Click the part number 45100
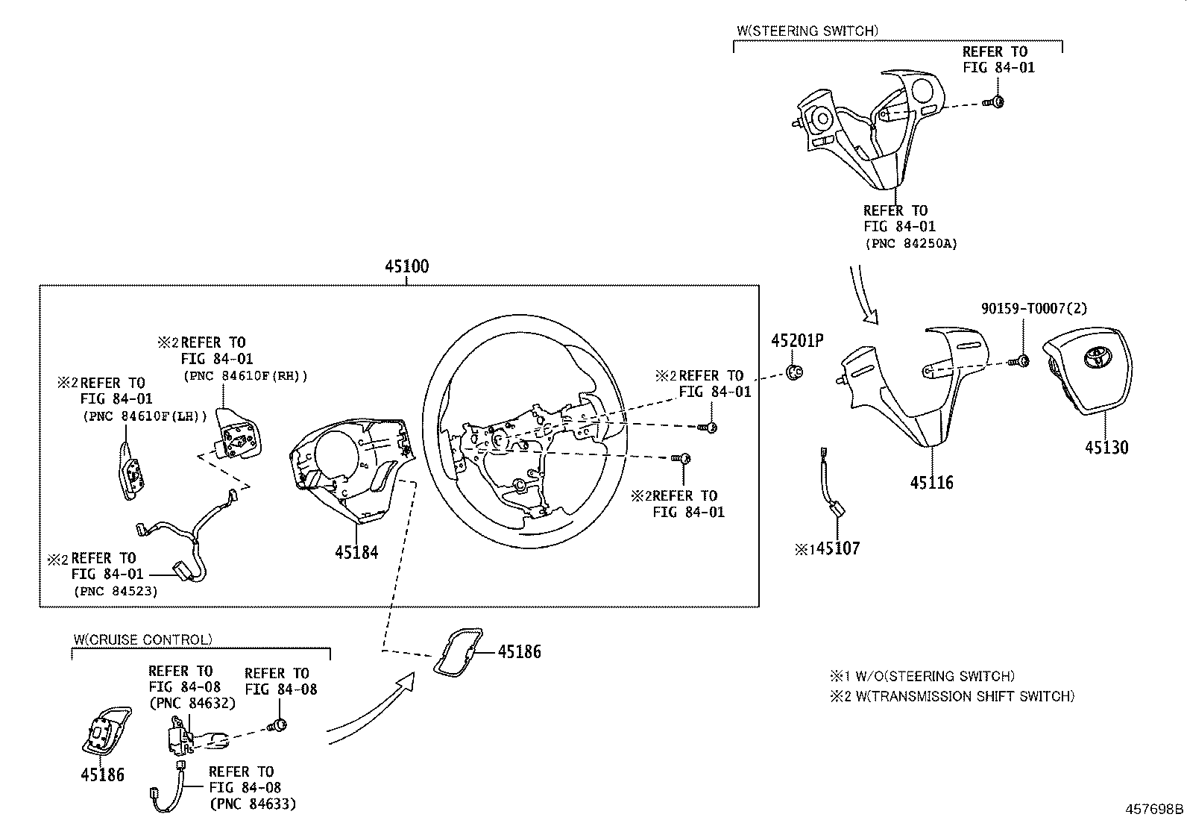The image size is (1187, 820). click(x=406, y=266)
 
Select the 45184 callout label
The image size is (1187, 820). click(x=356, y=553)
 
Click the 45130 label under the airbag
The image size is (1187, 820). click(x=1106, y=448)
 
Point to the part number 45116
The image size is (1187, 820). click(x=931, y=483)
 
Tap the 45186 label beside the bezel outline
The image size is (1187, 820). click(x=519, y=651)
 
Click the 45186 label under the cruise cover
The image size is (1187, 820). click(x=102, y=774)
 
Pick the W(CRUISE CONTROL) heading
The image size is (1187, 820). click(x=142, y=639)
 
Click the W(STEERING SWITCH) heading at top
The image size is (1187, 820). click(x=807, y=31)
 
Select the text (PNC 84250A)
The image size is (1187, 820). click(x=910, y=243)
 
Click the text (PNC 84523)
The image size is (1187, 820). click(x=116, y=591)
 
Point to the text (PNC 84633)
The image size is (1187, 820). click(x=253, y=804)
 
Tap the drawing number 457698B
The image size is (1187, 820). click(x=1154, y=808)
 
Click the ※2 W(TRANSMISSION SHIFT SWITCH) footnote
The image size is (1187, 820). click(x=952, y=696)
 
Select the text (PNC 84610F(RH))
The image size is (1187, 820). click(x=245, y=375)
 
